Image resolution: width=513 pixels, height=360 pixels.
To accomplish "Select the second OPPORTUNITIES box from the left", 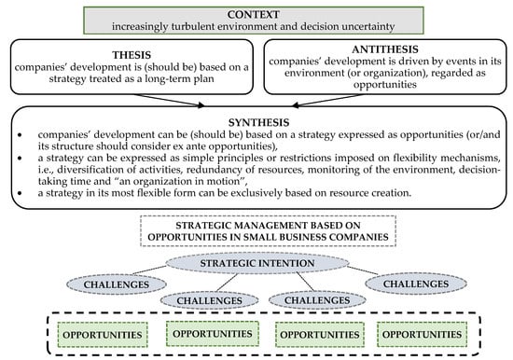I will point(204,333).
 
